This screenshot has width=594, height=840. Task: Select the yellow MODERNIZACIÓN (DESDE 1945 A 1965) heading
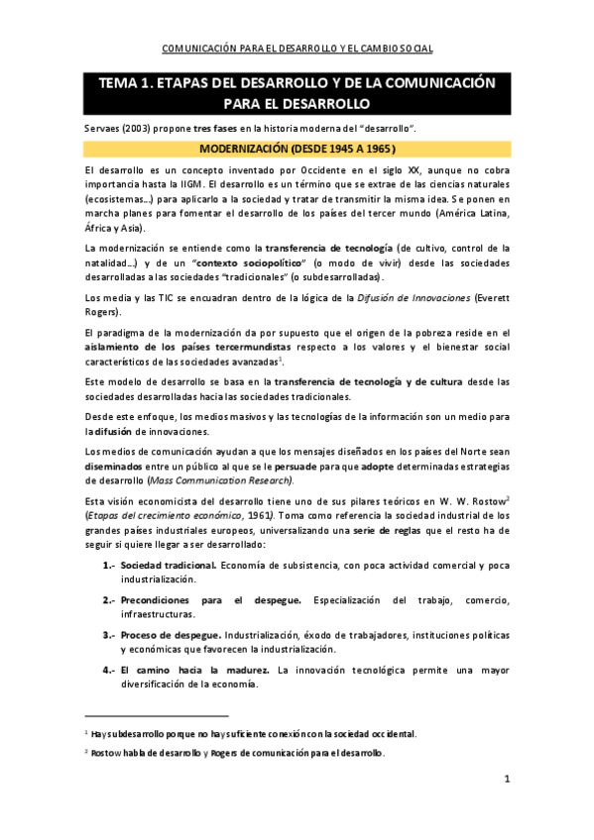[x=297, y=150]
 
